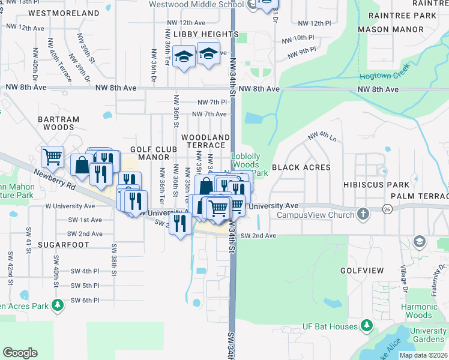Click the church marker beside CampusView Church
(x=363, y=214)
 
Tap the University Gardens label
(x=429, y=335)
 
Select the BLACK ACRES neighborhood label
(x=301, y=167)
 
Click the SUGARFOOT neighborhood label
(x=63, y=245)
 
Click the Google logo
(x=20, y=352)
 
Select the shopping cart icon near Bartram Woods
(x=52, y=157)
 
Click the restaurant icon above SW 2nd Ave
(x=179, y=224)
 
